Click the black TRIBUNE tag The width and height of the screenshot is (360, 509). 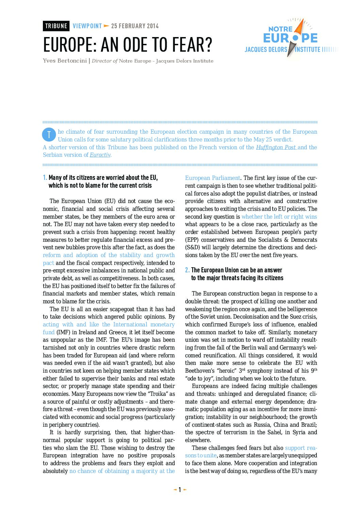[x=56, y=26]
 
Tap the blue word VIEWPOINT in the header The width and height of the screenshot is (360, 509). [x=87, y=26]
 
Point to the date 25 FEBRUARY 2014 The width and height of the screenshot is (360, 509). [x=135, y=26]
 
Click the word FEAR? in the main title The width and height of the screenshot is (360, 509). [x=192, y=45]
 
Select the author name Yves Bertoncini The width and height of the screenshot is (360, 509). [x=65, y=61]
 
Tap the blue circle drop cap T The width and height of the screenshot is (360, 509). [x=49, y=135]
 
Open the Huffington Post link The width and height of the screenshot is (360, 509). [x=276, y=147]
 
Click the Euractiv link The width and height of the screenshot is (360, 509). [x=100, y=155]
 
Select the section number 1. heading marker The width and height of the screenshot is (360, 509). [x=45, y=177]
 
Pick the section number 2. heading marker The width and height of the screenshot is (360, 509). [x=187, y=270]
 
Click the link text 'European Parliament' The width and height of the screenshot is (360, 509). [x=213, y=178]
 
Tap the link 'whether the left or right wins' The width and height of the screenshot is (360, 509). [x=279, y=217]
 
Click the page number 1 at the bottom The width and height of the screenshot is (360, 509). [x=180, y=490]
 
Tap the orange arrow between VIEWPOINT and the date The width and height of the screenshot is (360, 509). [x=107, y=26]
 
